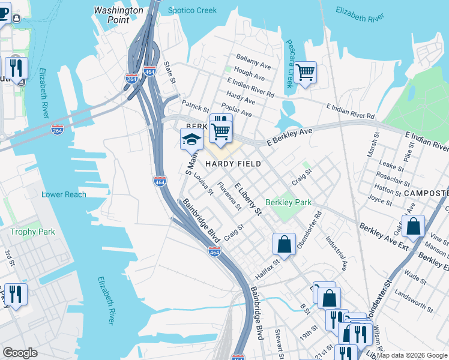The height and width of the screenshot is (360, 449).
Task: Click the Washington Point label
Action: (x=119, y=15)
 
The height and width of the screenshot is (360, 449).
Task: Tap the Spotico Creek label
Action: (x=191, y=11)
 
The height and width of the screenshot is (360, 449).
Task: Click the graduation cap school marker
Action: (x=191, y=140)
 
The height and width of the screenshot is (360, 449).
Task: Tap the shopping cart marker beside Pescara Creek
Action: (x=306, y=73)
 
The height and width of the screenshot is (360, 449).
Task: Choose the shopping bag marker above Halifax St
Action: (x=285, y=244)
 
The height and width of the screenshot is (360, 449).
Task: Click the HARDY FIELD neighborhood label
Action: (x=234, y=164)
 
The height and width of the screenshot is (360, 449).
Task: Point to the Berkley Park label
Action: (x=288, y=203)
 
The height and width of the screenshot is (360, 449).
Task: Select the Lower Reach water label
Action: (x=64, y=194)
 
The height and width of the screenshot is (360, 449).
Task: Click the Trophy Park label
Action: (x=32, y=232)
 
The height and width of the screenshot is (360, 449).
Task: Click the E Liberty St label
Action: (x=249, y=199)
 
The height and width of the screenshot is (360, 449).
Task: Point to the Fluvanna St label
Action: (x=229, y=196)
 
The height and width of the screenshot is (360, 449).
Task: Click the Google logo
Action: (x=20, y=353)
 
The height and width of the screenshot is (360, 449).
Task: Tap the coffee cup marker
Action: (x=4, y=14)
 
